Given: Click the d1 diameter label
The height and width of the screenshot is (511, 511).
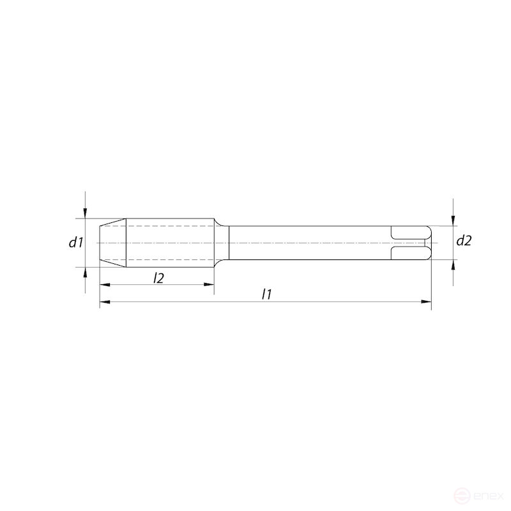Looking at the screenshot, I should [x=77, y=242].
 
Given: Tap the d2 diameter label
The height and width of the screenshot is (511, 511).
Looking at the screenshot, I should [x=464, y=241].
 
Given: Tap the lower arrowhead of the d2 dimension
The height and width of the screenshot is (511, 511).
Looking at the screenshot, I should [x=453, y=264].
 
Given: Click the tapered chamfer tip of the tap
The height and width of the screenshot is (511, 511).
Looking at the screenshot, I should [x=112, y=243].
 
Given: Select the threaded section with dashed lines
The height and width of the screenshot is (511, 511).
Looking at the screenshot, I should [x=169, y=243].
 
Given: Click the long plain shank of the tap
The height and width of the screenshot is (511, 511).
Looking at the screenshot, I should [x=307, y=243].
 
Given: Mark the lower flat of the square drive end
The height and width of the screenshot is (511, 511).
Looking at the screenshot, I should [x=409, y=253].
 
